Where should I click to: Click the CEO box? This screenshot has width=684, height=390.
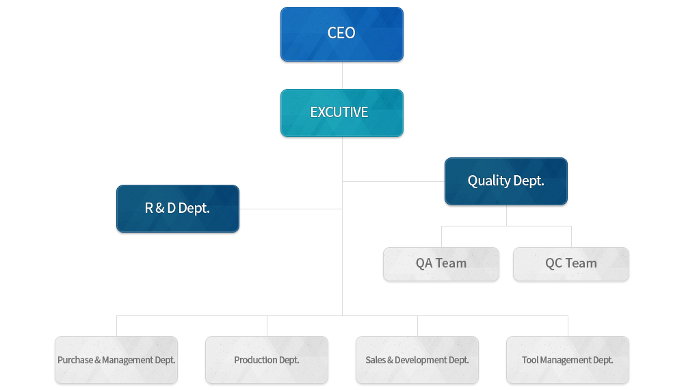pyautogui.click(x=341, y=34)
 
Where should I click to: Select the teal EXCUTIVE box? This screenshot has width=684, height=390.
pyautogui.click(x=341, y=113)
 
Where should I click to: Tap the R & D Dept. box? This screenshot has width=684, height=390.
pyautogui.click(x=178, y=209)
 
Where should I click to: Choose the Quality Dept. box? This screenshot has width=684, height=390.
pyautogui.click(x=506, y=181)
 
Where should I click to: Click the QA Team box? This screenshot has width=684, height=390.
pyautogui.click(x=441, y=264)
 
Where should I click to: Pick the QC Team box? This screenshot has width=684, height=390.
pyautogui.click(x=571, y=264)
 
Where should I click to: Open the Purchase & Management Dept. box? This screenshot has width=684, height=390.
pyautogui.click(x=116, y=360)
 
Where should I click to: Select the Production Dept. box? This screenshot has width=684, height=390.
pyautogui.click(x=267, y=360)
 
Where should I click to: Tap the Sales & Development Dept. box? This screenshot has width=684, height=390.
pyautogui.click(x=417, y=360)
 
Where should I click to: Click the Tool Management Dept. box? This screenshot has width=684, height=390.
pyautogui.click(x=568, y=360)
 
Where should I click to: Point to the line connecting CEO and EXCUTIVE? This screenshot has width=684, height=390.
pyautogui.click(x=342, y=75)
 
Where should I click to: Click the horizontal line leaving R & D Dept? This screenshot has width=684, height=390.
pyautogui.click(x=291, y=209)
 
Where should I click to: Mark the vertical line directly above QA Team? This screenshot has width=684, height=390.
pyautogui.click(x=441, y=237)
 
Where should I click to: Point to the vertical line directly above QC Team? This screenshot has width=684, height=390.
pyautogui.click(x=571, y=237)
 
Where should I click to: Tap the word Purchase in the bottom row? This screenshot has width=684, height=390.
pyautogui.click(x=75, y=360)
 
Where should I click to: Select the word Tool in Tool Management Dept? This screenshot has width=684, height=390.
pyautogui.click(x=529, y=360)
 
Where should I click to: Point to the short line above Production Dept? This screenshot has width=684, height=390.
pyautogui.click(x=267, y=326)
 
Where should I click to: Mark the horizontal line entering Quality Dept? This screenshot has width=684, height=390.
pyautogui.click(x=393, y=181)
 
